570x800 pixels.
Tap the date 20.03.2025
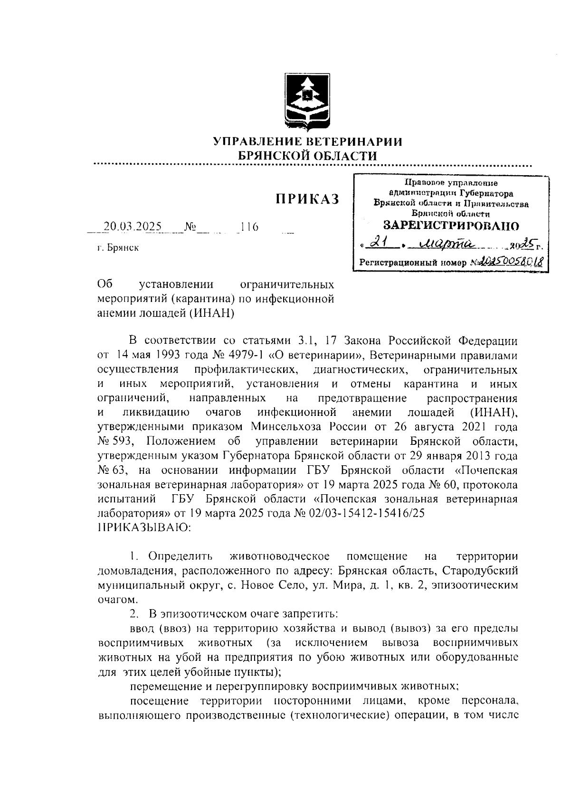(x=133, y=226)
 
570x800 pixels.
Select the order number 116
(x=249, y=226)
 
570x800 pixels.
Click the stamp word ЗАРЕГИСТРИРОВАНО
(x=451, y=225)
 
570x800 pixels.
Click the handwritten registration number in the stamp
(x=511, y=261)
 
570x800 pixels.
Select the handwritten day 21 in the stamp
(x=379, y=244)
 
